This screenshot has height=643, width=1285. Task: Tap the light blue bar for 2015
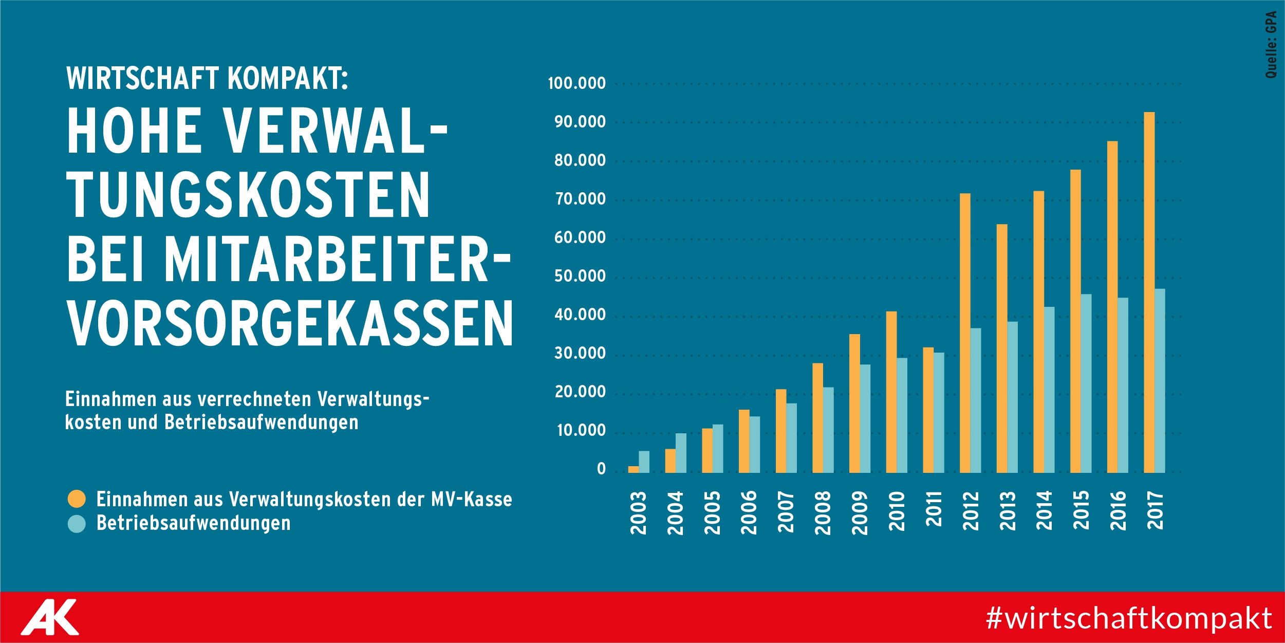(x=1086, y=383)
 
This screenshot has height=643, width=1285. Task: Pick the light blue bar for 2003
(x=644, y=462)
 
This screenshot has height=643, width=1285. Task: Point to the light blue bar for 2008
(x=828, y=430)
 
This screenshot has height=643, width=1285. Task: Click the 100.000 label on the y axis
(x=576, y=83)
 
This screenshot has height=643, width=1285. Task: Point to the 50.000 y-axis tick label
(x=580, y=276)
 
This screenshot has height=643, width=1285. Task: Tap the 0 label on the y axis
(x=601, y=469)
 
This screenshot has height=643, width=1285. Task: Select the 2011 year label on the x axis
(x=934, y=509)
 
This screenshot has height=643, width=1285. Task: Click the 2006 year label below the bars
(x=749, y=512)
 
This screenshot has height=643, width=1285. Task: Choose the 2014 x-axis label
(x=1044, y=510)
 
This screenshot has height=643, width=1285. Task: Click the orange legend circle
(x=77, y=499)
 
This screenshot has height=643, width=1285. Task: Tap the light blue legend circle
(x=77, y=524)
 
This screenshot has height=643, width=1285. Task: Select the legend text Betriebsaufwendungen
(x=193, y=523)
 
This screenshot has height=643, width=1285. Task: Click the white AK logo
(x=50, y=617)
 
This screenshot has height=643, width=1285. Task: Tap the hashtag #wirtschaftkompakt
(x=1129, y=618)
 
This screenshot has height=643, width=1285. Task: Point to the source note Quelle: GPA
(x=1271, y=45)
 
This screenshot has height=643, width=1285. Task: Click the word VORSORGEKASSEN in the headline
(x=290, y=323)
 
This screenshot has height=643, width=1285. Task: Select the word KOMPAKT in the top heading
(x=288, y=79)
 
